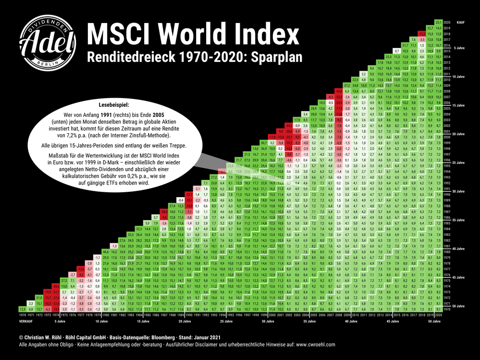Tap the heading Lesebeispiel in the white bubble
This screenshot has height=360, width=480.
pyautogui.click(x=114, y=103)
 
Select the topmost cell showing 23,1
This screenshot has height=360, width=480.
pyautogui.click(x=438, y=22)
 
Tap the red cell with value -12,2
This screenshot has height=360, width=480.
pyautogui.click(x=421, y=34)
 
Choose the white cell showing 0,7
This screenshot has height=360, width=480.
pyautogui.click(x=396, y=50)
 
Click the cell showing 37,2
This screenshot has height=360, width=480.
pyautogui.click(x=347, y=85)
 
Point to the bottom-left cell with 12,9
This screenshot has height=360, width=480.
pyautogui.click(x=22, y=309)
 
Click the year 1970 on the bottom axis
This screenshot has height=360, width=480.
pyautogui.click(x=22, y=315)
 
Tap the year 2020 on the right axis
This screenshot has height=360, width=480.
pyautogui.click(x=446, y=22)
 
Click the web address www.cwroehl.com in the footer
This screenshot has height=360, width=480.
pyautogui.click(x=313, y=345)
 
